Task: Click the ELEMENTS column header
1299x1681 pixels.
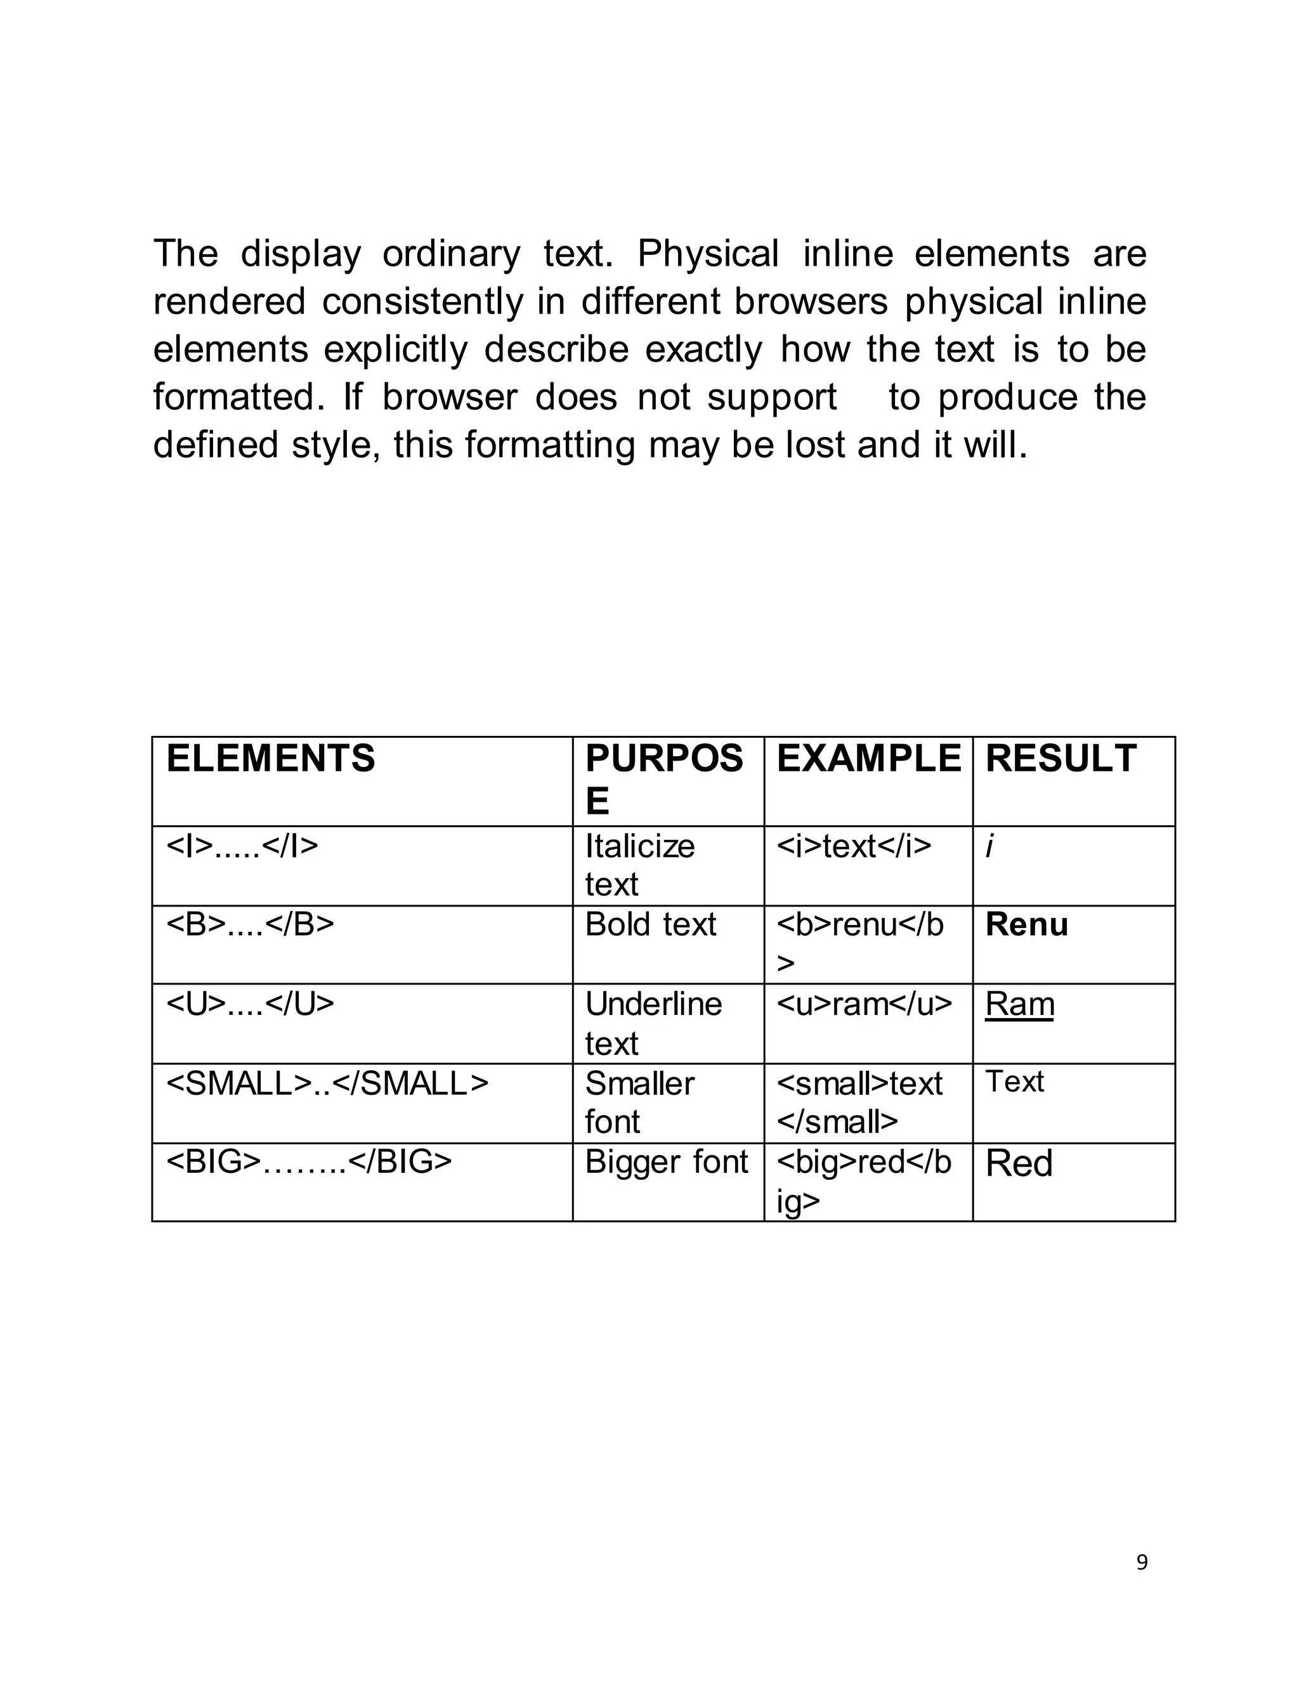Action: [271, 758]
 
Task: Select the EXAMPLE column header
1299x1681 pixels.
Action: [868, 758]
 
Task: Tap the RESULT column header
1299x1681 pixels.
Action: [1061, 758]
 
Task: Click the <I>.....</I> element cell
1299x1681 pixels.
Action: [242, 846]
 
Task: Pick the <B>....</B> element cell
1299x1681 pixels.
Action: [250, 924]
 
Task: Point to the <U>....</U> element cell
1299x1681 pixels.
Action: [250, 1004]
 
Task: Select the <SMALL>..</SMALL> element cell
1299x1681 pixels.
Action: [327, 1083]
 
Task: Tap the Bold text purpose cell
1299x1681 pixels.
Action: [650, 924]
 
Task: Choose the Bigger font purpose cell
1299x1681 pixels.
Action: [667, 1162]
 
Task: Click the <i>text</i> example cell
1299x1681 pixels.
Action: [854, 846]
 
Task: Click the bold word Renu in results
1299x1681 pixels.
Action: [1027, 924]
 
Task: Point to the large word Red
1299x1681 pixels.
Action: [1019, 1164]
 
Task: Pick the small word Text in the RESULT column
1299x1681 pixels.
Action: [1014, 1082]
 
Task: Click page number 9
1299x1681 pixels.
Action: [1142, 1562]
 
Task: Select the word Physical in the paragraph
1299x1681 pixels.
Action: [708, 254]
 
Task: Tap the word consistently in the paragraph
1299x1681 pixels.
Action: [422, 302]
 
